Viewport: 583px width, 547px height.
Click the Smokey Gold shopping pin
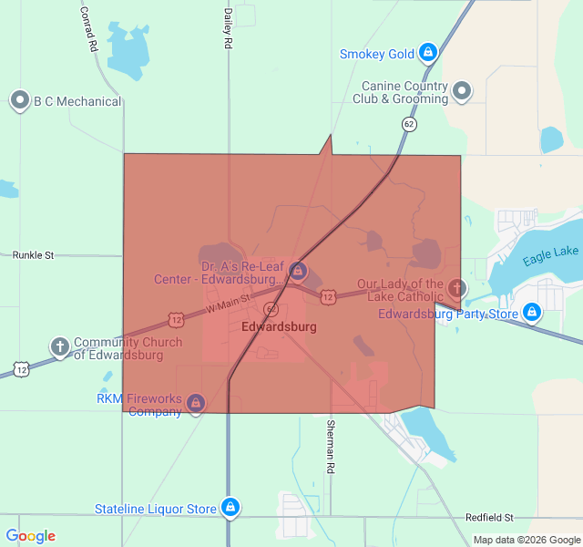[x=426, y=54]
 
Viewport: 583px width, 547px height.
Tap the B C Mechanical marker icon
[x=20, y=100]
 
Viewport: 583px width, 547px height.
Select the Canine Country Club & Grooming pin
[x=462, y=90]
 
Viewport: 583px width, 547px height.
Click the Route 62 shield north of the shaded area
[x=410, y=124]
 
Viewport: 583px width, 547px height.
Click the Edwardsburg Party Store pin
[x=533, y=314]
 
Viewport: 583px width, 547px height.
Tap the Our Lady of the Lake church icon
[x=457, y=289]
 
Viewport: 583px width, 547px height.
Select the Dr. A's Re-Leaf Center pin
[x=298, y=272]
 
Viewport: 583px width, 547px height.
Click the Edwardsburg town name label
[x=279, y=326]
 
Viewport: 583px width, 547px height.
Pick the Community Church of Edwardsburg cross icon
[x=59, y=346]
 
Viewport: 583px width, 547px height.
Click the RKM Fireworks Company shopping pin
[x=195, y=403]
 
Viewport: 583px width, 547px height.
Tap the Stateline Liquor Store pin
[x=230, y=508]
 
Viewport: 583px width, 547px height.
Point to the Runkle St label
[x=34, y=255]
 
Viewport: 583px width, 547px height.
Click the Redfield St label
[x=489, y=517]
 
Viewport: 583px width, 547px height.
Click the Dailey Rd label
[x=228, y=29]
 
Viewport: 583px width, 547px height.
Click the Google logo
[x=31, y=536]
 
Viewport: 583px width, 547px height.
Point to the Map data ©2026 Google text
[x=526, y=540]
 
